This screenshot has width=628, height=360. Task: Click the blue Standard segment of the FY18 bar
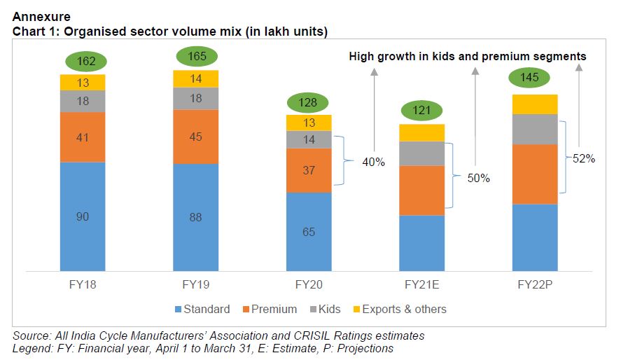(x=83, y=216)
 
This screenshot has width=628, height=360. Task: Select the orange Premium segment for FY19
(x=196, y=137)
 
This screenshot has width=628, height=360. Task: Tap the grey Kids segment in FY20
(x=309, y=139)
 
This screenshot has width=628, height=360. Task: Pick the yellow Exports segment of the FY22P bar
(x=535, y=104)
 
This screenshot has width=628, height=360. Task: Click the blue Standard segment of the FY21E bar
(x=421, y=242)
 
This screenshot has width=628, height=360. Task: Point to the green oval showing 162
(x=83, y=62)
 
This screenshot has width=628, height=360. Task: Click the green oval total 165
(x=196, y=57)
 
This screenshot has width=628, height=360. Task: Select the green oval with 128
(x=309, y=102)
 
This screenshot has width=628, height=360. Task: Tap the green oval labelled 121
(x=421, y=111)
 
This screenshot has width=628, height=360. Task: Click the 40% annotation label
(x=373, y=162)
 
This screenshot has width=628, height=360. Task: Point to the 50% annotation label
(x=479, y=179)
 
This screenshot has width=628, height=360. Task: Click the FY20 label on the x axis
(x=309, y=286)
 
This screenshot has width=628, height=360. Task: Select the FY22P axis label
(x=535, y=286)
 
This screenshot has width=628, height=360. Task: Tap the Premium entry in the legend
(x=274, y=309)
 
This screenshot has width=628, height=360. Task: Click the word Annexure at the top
(x=41, y=15)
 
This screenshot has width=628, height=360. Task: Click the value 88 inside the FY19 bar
(x=196, y=218)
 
